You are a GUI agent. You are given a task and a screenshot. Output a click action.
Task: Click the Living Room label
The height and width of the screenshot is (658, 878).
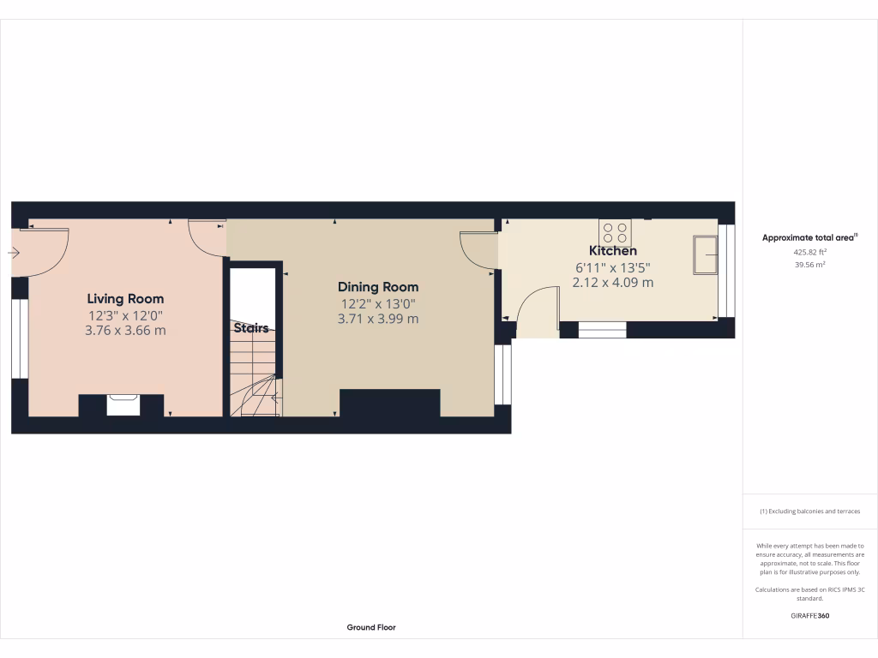(125, 299)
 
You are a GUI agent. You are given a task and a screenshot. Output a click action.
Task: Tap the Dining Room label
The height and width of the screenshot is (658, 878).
(378, 287)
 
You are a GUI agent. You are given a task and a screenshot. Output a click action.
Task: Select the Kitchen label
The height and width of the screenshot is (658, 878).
(612, 251)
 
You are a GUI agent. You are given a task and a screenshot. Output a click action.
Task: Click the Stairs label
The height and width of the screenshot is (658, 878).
(251, 328)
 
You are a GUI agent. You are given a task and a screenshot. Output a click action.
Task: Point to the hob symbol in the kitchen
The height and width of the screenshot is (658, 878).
(615, 232)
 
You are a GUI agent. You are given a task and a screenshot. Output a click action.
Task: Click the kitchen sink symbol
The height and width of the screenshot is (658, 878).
(706, 254)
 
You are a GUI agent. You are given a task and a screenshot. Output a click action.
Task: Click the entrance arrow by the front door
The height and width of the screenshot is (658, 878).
(15, 253)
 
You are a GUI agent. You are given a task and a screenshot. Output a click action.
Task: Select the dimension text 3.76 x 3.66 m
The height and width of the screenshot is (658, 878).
(125, 330)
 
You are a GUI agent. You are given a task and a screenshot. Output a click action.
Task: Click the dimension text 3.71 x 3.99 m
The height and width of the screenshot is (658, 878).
(378, 319)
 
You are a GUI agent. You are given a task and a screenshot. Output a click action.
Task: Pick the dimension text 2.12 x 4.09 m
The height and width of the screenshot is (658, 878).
(612, 282)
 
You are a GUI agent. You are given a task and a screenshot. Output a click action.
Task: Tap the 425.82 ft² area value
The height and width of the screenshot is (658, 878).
(809, 253)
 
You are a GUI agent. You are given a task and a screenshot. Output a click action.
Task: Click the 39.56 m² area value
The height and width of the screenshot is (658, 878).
(809, 265)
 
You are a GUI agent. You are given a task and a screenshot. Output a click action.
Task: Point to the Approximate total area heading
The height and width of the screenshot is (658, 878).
(809, 237)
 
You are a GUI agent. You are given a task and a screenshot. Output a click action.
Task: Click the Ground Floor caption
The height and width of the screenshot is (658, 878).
(371, 627)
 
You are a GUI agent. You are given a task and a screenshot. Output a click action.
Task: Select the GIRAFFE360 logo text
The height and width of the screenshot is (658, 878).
(809, 615)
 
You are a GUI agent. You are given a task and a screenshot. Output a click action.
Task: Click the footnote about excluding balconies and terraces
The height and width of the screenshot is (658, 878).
(809, 511)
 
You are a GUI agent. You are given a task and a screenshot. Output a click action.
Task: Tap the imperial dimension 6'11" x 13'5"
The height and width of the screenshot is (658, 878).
(612, 266)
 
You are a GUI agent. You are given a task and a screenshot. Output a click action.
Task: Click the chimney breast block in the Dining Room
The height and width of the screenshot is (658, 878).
(390, 404)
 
